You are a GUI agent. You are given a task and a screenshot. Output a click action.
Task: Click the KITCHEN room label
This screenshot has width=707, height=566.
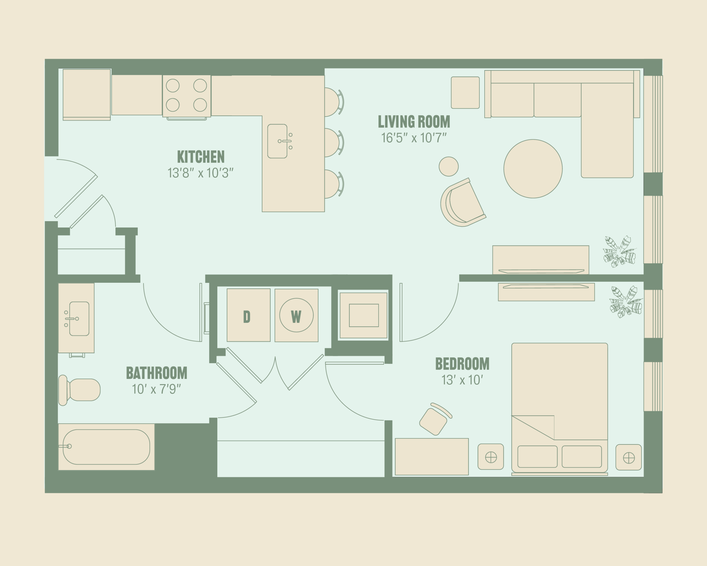[201, 157]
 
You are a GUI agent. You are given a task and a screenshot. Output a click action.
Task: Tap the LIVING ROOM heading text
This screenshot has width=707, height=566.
[414, 122]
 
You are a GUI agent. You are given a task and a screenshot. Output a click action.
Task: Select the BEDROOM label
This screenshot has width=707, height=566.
[462, 364]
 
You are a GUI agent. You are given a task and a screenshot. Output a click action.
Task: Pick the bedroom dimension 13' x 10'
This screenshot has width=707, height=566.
[462, 380]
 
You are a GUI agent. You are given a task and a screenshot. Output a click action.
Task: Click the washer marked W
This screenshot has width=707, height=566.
[296, 315]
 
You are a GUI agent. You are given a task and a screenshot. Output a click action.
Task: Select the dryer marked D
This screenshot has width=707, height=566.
[249, 315]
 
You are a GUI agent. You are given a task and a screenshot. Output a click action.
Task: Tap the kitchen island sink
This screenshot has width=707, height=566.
[278, 141]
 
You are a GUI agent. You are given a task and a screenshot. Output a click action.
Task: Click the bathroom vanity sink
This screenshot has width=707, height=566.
[79, 319]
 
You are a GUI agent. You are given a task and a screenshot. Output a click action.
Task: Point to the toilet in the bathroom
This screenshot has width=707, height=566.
[79, 390]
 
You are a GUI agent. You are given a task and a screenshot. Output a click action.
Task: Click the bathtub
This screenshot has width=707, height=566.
[106, 447]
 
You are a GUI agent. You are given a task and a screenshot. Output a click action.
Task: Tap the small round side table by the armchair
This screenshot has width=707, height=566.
[449, 166]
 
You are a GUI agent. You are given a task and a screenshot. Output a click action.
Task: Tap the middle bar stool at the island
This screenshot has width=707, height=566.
[334, 143]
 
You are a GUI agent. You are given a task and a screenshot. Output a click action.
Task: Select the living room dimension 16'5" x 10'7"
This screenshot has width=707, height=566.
[414, 138]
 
